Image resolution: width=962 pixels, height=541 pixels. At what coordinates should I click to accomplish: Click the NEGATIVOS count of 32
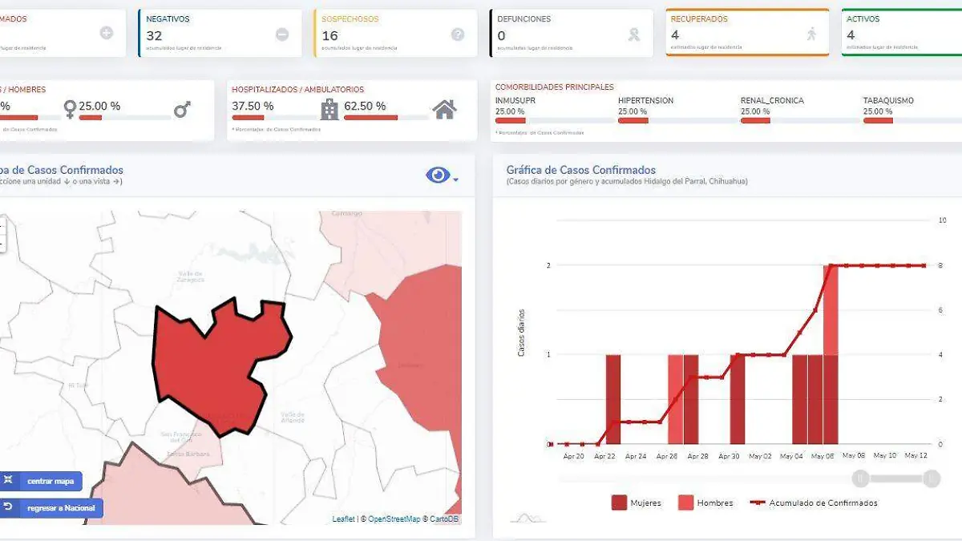(x=154, y=36)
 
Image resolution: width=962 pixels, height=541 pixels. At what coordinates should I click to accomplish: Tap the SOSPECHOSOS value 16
(x=329, y=36)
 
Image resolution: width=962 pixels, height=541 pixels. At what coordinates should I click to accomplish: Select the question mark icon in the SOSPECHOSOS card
(x=458, y=34)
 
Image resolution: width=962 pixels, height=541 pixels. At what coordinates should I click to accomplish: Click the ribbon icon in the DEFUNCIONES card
(x=634, y=34)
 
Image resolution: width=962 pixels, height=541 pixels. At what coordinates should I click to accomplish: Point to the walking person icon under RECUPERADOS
(x=811, y=34)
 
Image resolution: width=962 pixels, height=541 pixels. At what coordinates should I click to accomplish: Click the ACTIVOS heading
(x=863, y=18)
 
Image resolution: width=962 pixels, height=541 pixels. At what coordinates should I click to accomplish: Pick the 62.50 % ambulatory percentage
(x=365, y=106)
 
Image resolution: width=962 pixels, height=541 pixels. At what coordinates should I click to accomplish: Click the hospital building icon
(x=329, y=109)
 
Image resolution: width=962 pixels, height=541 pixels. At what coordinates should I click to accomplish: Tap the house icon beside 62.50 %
(x=445, y=109)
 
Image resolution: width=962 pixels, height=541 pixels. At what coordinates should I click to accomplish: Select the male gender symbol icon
(x=183, y=109)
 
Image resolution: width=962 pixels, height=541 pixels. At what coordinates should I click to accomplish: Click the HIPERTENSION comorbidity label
(x=645, y=101)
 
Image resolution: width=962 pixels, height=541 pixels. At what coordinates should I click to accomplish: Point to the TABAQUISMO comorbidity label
(x=888, y=101)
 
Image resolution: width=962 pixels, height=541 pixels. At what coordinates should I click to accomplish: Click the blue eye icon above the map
(x=439, y=176)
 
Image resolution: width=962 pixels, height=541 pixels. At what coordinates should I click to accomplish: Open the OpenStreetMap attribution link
(x=394, y=519)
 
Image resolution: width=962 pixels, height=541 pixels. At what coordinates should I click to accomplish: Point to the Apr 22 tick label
(x=604, y=456)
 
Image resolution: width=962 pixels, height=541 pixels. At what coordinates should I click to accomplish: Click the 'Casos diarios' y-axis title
(x=521, y=333)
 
